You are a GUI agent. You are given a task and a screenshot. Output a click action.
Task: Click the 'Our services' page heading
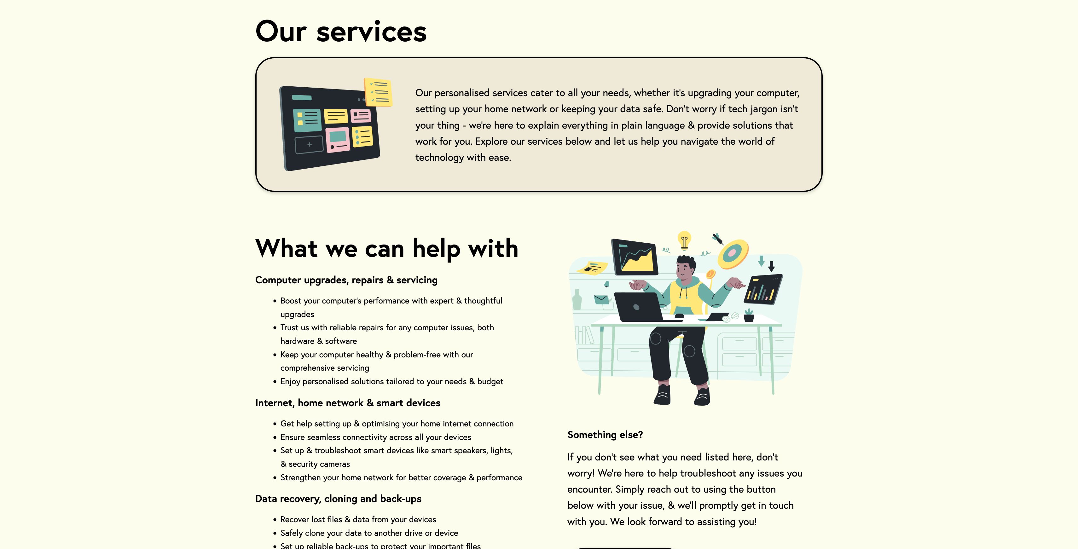point(341,32)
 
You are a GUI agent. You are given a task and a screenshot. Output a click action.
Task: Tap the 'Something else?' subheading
point(605,435)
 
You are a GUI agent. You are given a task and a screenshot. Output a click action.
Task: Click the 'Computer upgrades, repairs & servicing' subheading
point(346,280)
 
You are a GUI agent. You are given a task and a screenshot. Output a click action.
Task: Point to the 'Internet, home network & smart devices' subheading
point(348,403)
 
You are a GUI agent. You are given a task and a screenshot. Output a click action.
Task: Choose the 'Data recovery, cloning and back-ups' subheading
point(338,499)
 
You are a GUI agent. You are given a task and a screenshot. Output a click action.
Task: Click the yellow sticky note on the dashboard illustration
point(378,92)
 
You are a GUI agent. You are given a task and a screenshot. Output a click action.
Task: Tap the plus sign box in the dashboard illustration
point(309,145)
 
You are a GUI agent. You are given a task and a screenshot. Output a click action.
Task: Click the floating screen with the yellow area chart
point(635,257)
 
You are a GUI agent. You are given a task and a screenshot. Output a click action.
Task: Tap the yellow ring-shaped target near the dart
point(733,254)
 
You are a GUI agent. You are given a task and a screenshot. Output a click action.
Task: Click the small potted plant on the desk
point(749,315)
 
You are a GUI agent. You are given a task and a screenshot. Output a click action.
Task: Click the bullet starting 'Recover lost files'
point(358,519)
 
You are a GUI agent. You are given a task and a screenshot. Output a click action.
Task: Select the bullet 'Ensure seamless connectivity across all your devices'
point(375,437)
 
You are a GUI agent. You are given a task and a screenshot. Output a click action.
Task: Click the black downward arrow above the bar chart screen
point(771,266)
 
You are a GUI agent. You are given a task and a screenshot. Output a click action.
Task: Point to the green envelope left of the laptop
point(601,300)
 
